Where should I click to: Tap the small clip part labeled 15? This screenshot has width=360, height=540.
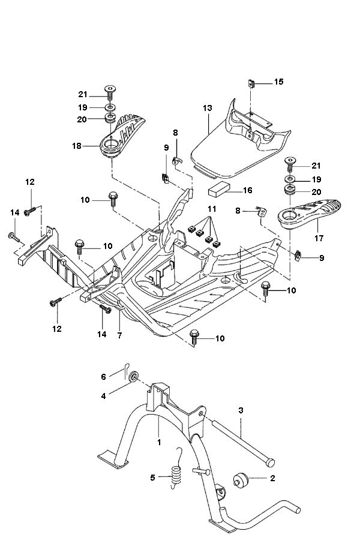click(252, 83)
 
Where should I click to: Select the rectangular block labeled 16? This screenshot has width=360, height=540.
click(218, 191)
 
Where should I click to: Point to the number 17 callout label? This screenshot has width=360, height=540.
click(319, 238)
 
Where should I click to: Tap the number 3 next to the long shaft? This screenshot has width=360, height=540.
click(241, 410)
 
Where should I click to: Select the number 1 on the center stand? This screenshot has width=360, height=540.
click(159, 442)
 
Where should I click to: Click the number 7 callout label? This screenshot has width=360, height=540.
click(119, 335)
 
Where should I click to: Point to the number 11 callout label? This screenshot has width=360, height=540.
click(211, 209)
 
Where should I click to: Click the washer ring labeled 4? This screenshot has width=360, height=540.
click(133, 377)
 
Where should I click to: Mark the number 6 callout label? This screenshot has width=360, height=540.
click(103, 376)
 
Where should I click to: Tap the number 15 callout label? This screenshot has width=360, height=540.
click(278, 82)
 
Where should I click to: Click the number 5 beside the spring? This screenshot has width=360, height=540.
click(152, 478)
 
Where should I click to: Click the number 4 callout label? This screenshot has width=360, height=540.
click(103, 395)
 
